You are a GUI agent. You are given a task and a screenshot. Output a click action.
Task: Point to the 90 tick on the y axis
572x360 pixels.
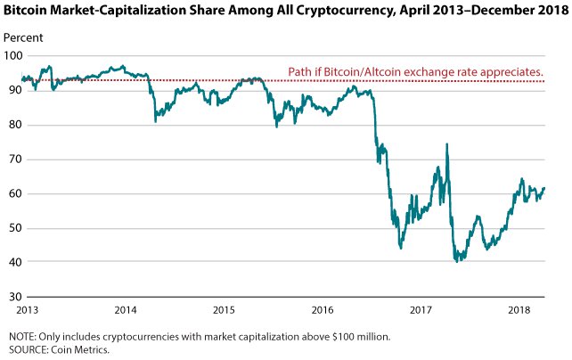(x=12, y=90)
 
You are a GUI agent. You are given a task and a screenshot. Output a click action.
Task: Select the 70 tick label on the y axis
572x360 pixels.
(x=12, y=160)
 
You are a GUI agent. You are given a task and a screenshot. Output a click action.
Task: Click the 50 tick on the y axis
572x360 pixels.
(x=12, y=228)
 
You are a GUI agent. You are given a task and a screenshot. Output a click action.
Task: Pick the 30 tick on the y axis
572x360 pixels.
(x=12, y=297)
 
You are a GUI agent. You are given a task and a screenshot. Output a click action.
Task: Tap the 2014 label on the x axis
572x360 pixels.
(x=125, y=310)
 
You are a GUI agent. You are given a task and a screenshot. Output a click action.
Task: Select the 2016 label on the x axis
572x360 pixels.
(x=323, y=310)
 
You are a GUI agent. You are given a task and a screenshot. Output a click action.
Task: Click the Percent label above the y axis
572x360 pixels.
(x=22, y=40)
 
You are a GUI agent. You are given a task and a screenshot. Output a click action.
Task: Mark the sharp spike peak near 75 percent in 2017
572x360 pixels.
(x=446, y=144)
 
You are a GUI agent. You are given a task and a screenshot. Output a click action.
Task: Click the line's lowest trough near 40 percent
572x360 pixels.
(x=458, y=260)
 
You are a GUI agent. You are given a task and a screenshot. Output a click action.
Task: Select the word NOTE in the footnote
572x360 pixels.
(x=21, y=337)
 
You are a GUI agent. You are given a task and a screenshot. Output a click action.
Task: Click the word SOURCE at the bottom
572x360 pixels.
(x=28, y=350)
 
